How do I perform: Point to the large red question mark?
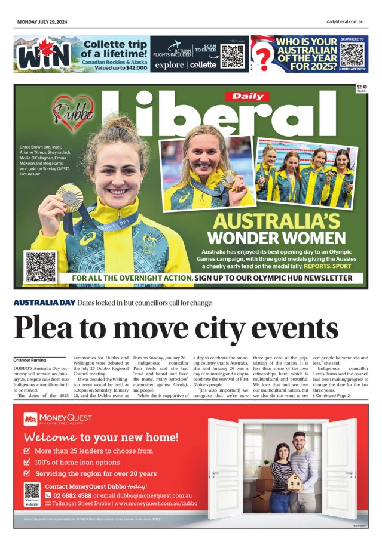tap(262, 58)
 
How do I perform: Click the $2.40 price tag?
tap(361, 88)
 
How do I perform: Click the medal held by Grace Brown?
tap(70, 197)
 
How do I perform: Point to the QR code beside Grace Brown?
tap(41, 267)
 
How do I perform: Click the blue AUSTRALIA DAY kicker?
tap(44, 303)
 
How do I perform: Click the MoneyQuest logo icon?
tap(30, 420)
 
